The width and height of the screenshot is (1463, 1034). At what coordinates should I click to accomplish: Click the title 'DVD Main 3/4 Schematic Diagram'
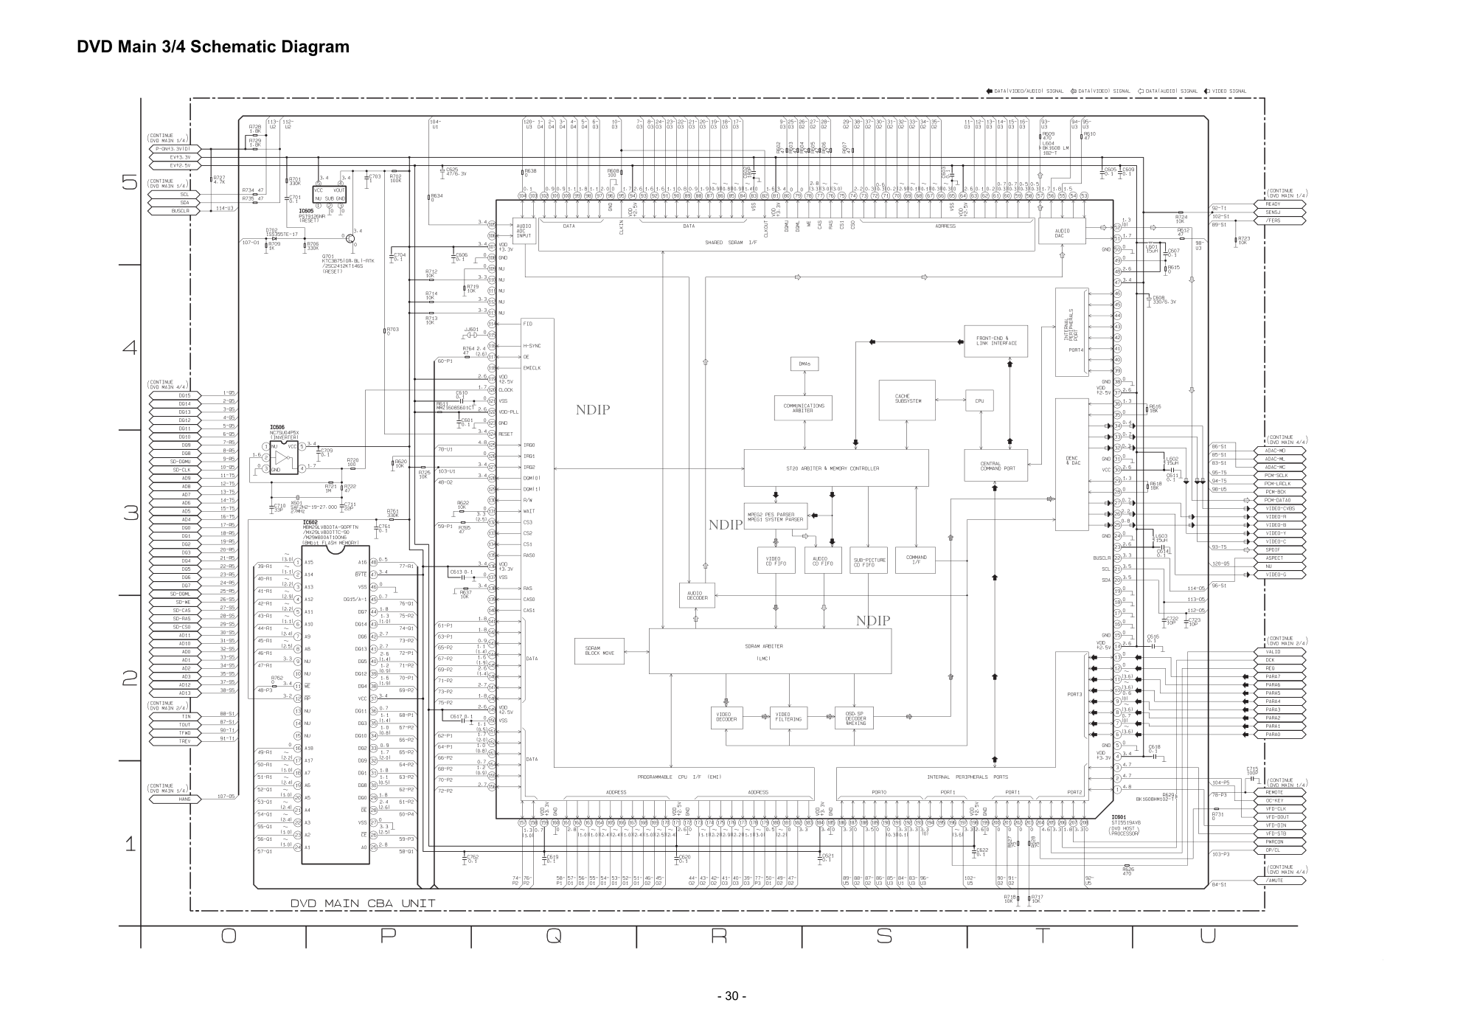[213, 47]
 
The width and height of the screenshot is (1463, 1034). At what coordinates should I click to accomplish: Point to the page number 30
[731, 996]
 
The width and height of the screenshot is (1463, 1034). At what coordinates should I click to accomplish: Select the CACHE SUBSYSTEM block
[906, 400]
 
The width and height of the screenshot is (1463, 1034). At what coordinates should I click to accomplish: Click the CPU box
[979, 401]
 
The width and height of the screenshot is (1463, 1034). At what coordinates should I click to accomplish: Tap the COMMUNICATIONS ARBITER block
[804, 408]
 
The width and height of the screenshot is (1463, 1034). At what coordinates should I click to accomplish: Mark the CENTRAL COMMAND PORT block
[995, 466]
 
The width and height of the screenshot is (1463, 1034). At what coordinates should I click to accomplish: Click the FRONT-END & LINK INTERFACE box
[995, 341]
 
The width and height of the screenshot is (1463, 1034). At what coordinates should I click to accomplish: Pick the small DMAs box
[804, 364]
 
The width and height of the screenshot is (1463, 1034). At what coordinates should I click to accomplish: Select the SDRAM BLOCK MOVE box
[599, 651]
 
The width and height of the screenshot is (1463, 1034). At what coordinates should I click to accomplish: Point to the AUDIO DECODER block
[697, 596]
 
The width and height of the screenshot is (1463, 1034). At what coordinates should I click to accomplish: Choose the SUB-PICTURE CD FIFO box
[869, 562]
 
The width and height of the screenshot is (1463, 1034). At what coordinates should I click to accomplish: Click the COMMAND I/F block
[916, 560]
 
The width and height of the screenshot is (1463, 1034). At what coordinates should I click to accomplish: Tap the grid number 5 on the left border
[130, 181]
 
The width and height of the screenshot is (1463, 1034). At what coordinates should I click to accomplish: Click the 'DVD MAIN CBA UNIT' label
[362, 903]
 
